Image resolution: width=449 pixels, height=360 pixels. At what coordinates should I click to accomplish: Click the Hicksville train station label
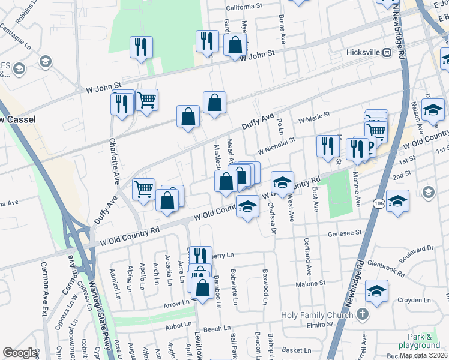pos(364,52)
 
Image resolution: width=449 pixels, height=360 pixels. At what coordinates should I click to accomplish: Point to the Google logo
pos(19,353)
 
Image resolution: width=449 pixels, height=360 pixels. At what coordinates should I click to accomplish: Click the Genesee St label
pos(346,232)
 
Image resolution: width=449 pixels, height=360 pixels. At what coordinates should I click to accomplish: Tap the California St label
pos(244,7)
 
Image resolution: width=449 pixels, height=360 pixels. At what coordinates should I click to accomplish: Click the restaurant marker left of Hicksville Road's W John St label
pos(207,41)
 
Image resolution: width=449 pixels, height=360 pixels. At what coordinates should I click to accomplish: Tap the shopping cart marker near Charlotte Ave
pos(146,100)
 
